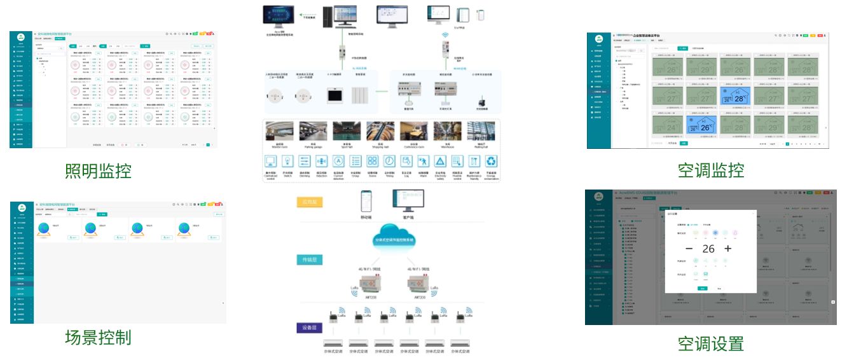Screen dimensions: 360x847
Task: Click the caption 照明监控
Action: [x=98, y=170]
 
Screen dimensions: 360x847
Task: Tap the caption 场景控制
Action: [x=98, y=336]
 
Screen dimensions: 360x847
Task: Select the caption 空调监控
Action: [x=710, y=170]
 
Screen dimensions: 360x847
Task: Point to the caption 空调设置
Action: [x=710, y=343]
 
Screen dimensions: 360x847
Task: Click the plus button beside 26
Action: [x=728, y=249]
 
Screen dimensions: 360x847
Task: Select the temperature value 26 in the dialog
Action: [x=708, y=249]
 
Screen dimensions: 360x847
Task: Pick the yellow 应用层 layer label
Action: [x=313, y=202]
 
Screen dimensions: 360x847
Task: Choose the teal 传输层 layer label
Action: [x=313, y=260]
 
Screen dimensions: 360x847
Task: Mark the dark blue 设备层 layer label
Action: [x=313, y=328]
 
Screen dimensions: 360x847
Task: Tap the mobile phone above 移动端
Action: [x=366, y=201]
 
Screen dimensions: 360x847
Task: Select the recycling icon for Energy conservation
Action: [x=491, y=162]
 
